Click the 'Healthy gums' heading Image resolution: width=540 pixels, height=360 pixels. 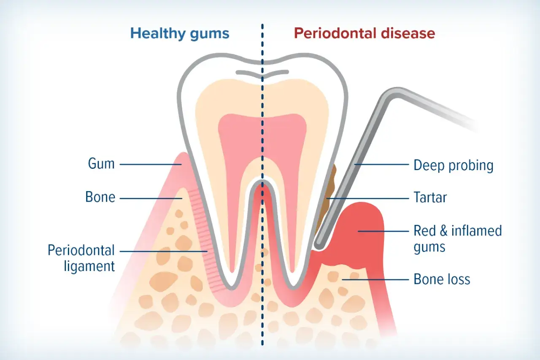coord(180,34)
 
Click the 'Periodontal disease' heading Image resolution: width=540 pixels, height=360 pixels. coord(364,33)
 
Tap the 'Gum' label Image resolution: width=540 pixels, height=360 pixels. coord(101,164)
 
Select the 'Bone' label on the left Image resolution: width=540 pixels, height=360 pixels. coord(100,197)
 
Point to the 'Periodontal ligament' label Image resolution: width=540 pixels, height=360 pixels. coord(81,258)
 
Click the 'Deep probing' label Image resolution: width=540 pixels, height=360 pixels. coord(454,166)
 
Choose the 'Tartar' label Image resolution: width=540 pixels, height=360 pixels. coord(430,198)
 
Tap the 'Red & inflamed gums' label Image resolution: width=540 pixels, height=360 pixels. coord(458,239)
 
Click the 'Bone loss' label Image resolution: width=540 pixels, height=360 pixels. coord(442,279)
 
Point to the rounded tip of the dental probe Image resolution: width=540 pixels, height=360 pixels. coord(319,246)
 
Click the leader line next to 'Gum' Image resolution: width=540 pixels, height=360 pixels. coord(151,165)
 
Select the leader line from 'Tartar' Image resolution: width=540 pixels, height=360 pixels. coord(367,198)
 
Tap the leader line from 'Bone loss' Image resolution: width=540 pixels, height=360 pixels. coord(375,280)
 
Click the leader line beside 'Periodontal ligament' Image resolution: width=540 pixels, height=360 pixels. coord(164,251)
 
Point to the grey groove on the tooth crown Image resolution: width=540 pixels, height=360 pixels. coord(262,73)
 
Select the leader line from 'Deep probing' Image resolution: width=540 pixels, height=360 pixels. coord(382,165)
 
